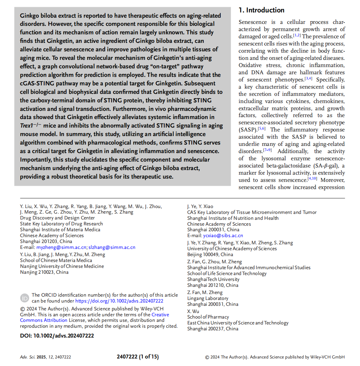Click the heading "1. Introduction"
pos(261,10)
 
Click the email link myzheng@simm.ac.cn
pos(61,247)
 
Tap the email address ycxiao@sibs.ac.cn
pos(223,235)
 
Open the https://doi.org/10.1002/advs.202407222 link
pos(119,301)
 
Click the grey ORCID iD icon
pos(25,298)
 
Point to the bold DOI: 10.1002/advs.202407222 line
pos(57,336)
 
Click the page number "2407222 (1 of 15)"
pos(137,357)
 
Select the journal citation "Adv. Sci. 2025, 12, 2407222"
pos(45,357)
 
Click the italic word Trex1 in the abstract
pos(27,126)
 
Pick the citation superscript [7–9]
pos(267,150)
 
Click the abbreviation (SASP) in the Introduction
pos(248,130)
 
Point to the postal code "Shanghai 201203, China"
pos(46,241)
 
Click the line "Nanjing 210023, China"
pos(44,272)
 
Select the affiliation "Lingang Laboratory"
pos(207,298)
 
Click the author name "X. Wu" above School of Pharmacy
pos(193,311)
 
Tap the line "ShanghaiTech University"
pos(213,279)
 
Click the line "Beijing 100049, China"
pos(210,254)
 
